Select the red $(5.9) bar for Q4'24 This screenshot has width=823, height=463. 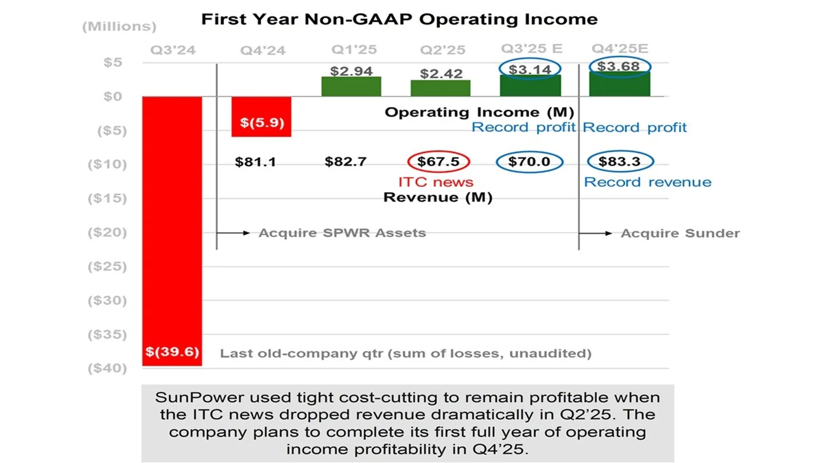261,117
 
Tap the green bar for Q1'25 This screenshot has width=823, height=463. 351,87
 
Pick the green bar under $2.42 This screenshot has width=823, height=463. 440,88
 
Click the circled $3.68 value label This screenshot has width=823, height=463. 619,66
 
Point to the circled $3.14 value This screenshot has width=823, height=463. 530,69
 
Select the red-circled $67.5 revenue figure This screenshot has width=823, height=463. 438,162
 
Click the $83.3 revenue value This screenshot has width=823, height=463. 620,162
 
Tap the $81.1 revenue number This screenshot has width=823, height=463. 255,162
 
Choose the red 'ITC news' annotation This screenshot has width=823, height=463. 436,182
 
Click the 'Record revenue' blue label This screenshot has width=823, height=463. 647,182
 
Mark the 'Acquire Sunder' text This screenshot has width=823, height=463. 680,233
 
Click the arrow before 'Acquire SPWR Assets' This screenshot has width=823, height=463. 234,233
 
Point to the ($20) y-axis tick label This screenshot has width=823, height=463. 107,232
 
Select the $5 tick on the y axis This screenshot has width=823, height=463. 113,63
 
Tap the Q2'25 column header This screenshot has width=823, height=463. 442,50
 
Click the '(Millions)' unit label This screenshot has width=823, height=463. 119,27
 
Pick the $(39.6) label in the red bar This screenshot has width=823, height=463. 172,352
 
